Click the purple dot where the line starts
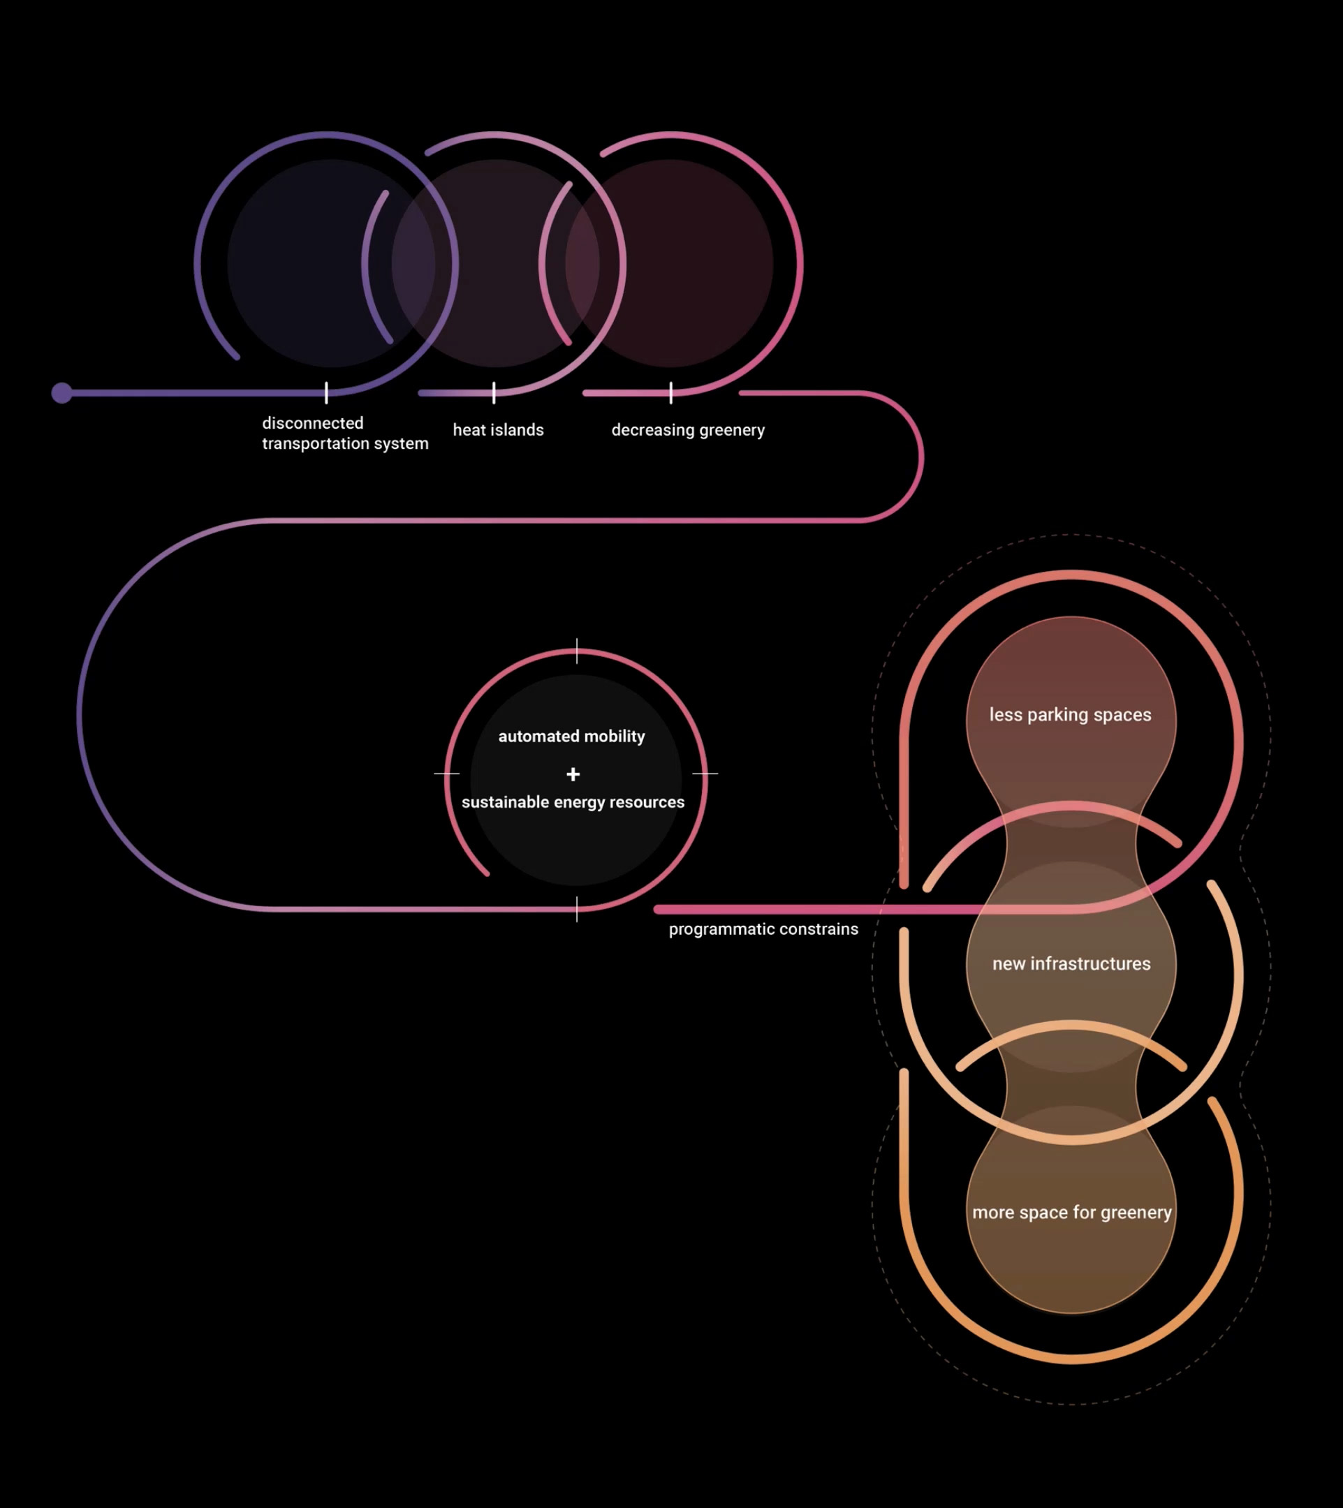62,392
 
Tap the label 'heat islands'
498,429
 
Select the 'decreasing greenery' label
688,429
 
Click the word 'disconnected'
313,423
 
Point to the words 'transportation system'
345,443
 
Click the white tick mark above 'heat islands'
494,392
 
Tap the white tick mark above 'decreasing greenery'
670,392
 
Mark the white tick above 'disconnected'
326,392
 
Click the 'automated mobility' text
571,736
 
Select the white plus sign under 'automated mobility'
573,774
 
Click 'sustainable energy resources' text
573,802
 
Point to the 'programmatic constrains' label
763,929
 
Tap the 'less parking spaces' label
1070,714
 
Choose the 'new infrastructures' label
1071,963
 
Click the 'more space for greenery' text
1071,1212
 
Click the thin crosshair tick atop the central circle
576,651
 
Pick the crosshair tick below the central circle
576,909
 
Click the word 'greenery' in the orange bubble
1136,1212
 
